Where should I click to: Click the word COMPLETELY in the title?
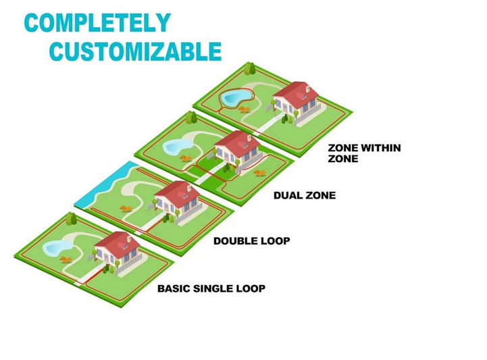point(97,22)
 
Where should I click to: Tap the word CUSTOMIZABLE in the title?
point(135,51)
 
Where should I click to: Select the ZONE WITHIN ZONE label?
point(364,153)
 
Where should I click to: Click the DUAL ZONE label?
point(305,195)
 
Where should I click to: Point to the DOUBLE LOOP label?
point(252,240)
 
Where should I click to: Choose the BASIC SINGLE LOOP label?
point(211,288)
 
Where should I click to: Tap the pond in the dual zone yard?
point(177,146)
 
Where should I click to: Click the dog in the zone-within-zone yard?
point(245,109)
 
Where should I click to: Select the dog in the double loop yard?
point(126,209)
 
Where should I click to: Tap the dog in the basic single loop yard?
point(66,259)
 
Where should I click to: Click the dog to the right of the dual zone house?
point(259,173)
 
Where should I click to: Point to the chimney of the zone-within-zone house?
point(308,89)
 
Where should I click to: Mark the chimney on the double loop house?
point(189,188)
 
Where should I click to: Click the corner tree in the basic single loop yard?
point(71,219)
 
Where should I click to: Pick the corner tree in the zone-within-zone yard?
point(250,69)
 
